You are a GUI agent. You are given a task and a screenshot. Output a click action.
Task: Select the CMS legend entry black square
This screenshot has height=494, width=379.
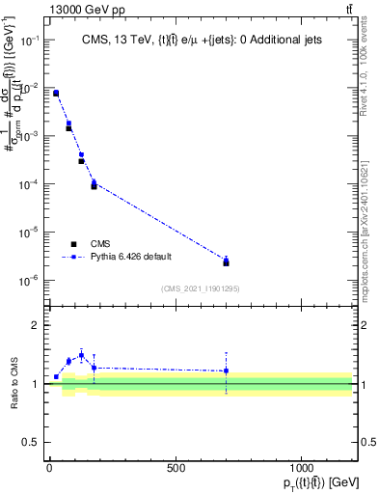click(x=73, y=244)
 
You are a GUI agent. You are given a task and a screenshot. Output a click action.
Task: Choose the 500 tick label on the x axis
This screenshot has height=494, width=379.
click(x=176, y=469)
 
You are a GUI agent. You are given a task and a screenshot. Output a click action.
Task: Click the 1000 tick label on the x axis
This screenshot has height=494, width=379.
click(x=302, y=469)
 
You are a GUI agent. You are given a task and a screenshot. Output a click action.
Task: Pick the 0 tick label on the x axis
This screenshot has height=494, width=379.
click(x=49, y=469)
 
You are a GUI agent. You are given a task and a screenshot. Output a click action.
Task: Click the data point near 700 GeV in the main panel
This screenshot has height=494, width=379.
click(x=226, y=261)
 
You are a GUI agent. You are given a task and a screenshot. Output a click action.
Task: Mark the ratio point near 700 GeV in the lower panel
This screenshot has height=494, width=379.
click(x=226, y=370)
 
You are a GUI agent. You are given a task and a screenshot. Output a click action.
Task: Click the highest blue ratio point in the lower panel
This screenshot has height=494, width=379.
click(x=81, y=355)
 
